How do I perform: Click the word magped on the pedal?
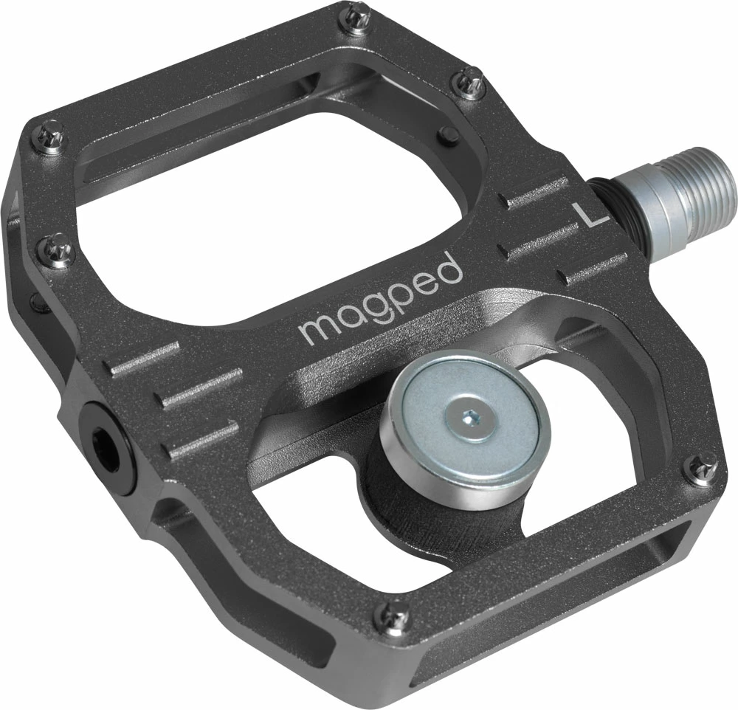[381, 299]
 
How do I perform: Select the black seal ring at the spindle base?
[617, 196]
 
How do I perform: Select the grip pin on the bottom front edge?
[393, 612]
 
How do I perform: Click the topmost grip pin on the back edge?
[359, 12]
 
